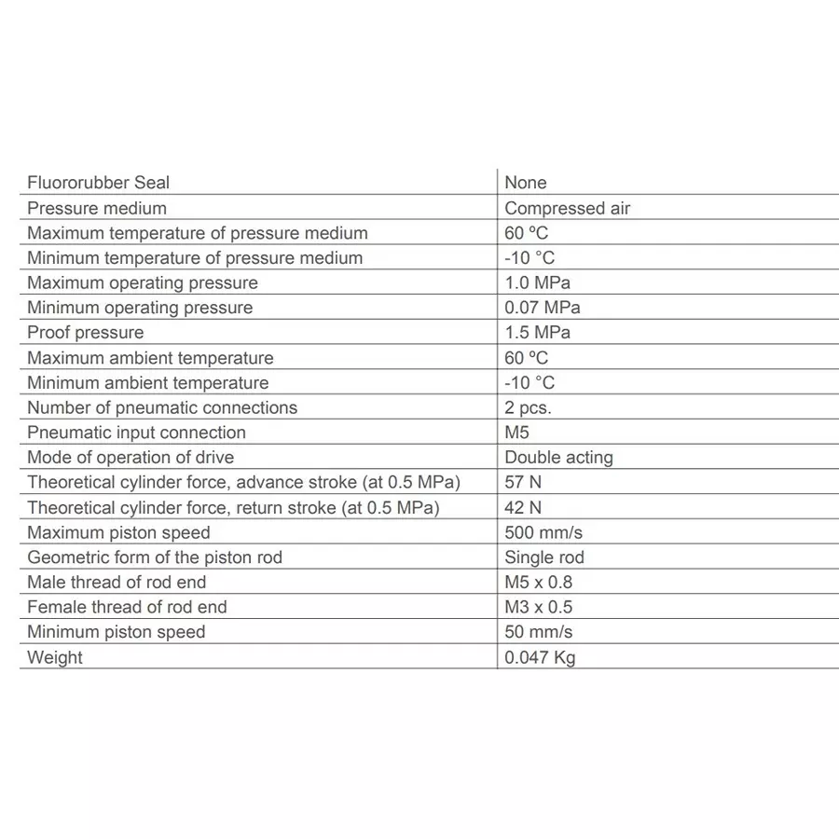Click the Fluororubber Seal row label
tap(99, 183)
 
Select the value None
tap(526, 183)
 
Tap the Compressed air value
tap(567, 208)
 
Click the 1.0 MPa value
tap(537, 282)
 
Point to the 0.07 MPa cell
tap(542, 308)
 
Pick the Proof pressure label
tap(86, 333)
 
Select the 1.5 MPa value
tap(537, 333)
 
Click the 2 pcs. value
tap(528, 407)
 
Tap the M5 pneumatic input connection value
tap(517, 433)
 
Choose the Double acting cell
tap(558, 458)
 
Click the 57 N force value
tap(523, 482)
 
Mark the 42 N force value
tap(523, 507)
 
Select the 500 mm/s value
tap(543, 532)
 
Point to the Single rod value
tap(544, 557)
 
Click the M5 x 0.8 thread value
tap(539, 582)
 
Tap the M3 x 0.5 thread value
tap(539, 607)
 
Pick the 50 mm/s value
tap(538, 632)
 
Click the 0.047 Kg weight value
tap(540, 657)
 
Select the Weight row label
tap(55, 657)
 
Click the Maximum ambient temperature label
tap(150, 358)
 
